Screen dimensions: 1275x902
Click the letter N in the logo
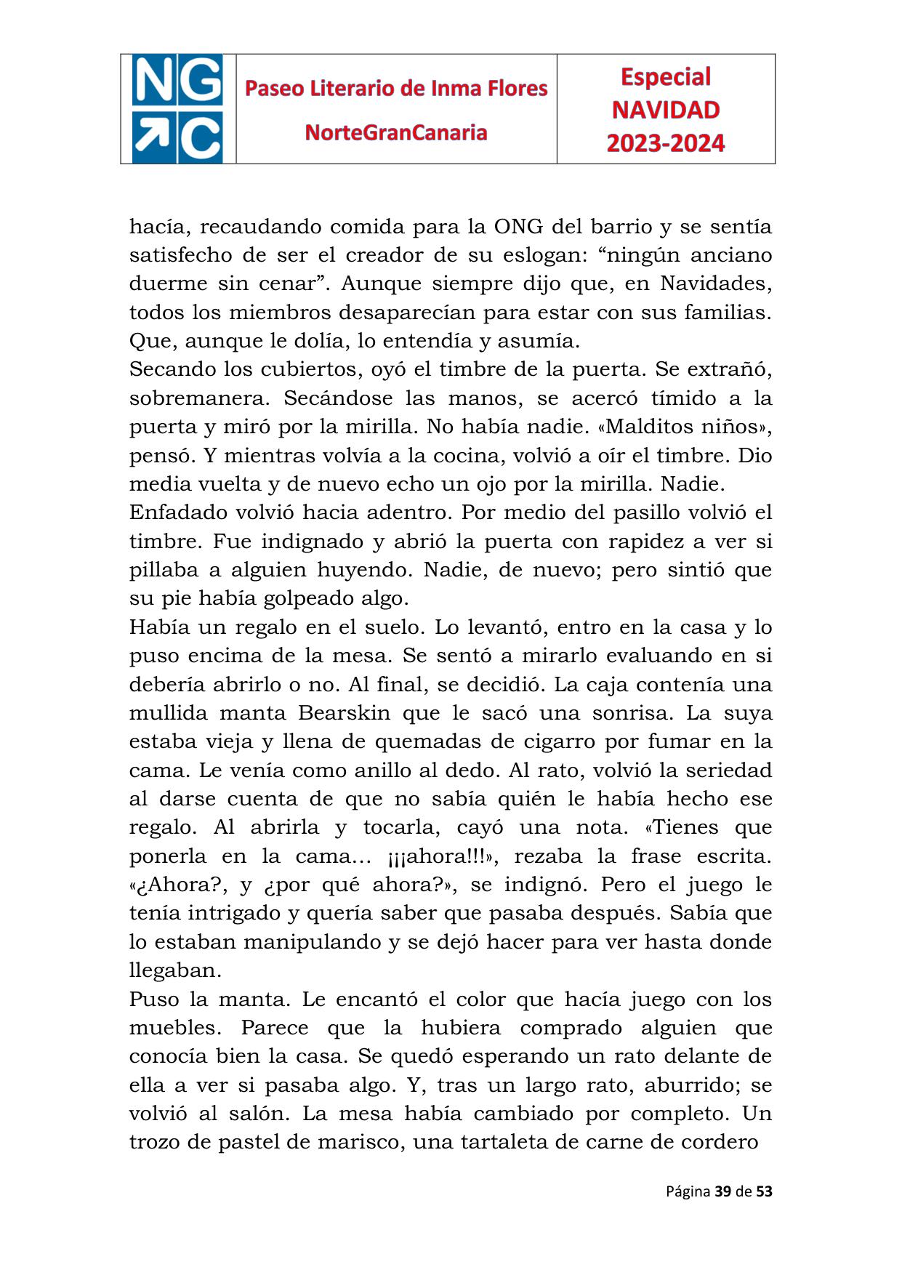click(x=153, y=81)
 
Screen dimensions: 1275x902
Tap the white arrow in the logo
click(x=153, y=137)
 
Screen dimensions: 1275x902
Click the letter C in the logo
click(x=201, y=137)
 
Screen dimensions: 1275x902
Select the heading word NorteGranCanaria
click(x=396, y=132)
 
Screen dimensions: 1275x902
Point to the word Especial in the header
click(x=665, y=76)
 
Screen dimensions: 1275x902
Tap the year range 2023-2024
click(x=665, y=142)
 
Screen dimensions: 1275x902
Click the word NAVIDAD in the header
click(x=665, y=110)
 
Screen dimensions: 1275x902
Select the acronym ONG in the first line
click(x=518, y=227)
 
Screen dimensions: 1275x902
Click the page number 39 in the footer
click(x=722, y=1191)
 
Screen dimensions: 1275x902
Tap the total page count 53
click(x=764, y=1191)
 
